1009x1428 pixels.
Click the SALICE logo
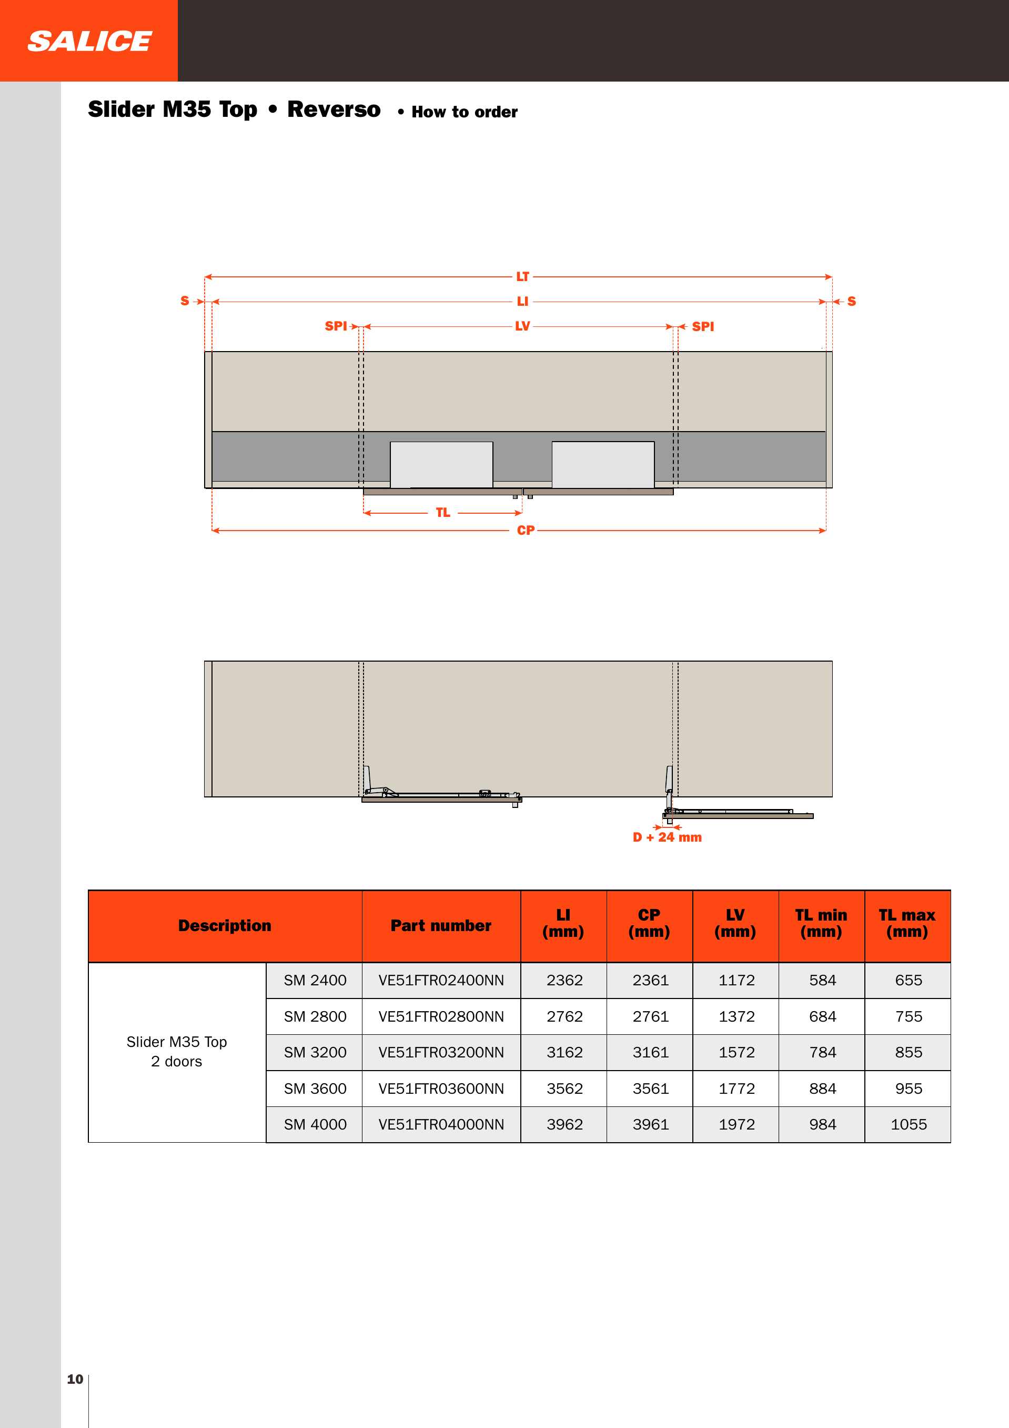[89, 41]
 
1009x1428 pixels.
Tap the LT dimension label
[522, 277]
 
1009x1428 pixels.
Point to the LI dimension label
[522, 302]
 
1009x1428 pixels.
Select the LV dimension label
[522, 326]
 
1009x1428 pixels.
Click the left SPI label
[336, 326]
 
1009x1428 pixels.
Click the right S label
[851, 302]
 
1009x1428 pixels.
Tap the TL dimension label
[442, 513]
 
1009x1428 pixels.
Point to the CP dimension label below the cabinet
[526, 531]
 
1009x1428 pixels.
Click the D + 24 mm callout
[667, 837]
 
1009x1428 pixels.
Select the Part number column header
[441, 925]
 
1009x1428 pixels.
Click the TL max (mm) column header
[907, 924]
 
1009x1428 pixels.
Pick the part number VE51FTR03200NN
[441, 1052]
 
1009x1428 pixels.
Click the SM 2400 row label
[315, 980]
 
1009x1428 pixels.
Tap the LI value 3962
[564, 1124]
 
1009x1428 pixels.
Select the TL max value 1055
[909, 1124]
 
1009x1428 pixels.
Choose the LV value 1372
[736, 1016]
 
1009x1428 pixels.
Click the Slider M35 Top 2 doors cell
[177, 1051]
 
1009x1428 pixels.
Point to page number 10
[75, 1379]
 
